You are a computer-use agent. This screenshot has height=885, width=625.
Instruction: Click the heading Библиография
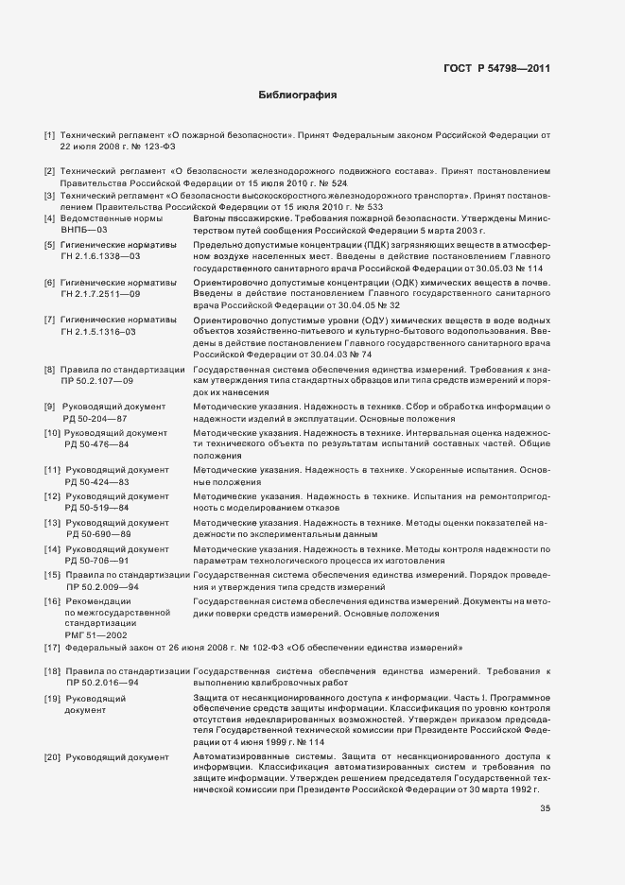[x=298, y=95]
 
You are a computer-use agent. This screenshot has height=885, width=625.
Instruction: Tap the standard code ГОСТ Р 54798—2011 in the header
[x=497, y=67]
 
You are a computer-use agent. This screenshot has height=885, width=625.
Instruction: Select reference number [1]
[x=49, y=136]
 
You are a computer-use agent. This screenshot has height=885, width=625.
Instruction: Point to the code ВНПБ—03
[x=85, y=230]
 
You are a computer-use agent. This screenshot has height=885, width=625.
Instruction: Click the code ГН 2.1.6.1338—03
[x=100, y=255]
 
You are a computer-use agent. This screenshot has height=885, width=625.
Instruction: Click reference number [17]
[x=52, y=648]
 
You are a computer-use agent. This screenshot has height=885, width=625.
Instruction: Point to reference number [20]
[x=52, y=757]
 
